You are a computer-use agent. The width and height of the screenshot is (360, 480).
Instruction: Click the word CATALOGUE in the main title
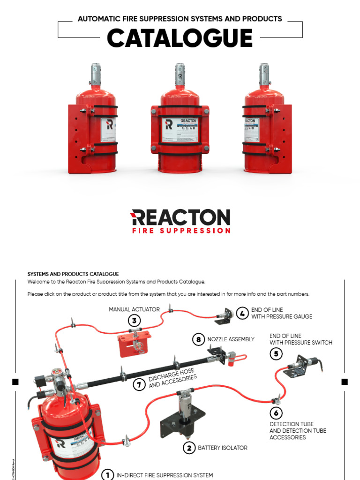pos(180,38)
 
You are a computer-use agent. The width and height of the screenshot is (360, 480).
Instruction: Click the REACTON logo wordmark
pos(180,217)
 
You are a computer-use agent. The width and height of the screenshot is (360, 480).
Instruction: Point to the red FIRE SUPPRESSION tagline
pos(181,231)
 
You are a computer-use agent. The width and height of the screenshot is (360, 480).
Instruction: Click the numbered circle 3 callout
pos(135,321)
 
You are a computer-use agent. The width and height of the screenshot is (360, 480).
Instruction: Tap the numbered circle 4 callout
pos(242,313)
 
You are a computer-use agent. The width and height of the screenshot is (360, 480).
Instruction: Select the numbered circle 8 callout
pos(199,339)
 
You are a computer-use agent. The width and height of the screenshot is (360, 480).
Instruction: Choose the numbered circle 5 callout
pos(276,354)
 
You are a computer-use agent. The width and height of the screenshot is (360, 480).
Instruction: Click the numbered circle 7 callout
pos(139,385)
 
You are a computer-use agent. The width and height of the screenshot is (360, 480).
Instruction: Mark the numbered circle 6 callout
pos(276,413)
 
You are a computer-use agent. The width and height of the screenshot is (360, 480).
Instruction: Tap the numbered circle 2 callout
pos(189,448)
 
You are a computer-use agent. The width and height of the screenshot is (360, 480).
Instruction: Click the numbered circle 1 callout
pos(107,474)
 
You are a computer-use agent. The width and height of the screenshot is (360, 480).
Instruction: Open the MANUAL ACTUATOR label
pos(134,309)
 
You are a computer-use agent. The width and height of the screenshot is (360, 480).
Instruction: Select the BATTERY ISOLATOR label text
pos(222,448)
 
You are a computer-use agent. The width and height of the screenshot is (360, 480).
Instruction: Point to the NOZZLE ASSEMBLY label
pos(231,339)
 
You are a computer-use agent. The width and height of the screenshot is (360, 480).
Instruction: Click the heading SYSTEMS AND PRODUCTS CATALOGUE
pos(73,274)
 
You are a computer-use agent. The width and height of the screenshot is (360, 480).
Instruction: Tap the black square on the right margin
pos(345,382)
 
